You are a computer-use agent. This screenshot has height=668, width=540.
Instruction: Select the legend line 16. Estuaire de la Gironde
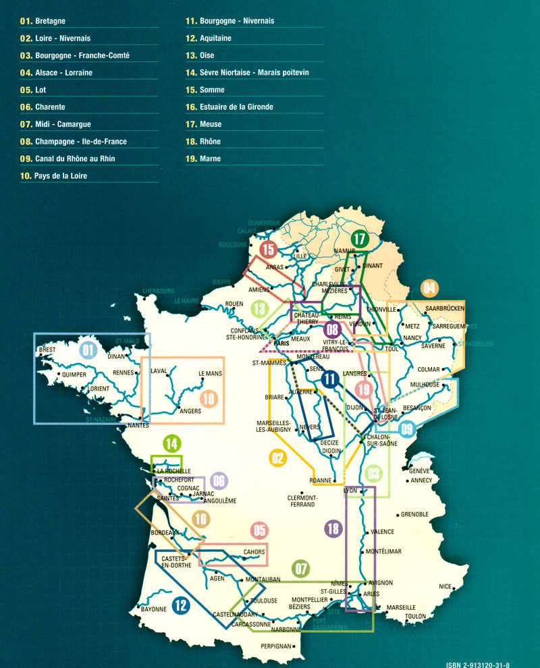[229, 107]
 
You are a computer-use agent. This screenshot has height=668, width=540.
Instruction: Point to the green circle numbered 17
[360, 238]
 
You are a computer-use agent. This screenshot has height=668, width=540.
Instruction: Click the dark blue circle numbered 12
[180, 605]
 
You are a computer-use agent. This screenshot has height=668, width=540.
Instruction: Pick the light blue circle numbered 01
[87, 350]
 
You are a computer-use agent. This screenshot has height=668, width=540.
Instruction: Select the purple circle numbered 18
[332, 528]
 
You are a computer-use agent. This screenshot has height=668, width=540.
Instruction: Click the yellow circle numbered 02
[277, 459]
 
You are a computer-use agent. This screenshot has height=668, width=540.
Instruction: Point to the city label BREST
[48, 351]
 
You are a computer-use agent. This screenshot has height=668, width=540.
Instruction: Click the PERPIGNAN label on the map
[277, 646]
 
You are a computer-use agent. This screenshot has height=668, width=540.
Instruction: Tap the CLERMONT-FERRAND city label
[301, 501]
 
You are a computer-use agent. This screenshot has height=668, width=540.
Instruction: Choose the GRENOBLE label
[414, 514]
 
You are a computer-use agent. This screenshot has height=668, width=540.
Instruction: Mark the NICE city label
[444, 586]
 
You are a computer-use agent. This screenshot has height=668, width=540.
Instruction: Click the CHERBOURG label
[159, 291]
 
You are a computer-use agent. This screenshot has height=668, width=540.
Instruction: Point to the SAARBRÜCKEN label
[446, 308]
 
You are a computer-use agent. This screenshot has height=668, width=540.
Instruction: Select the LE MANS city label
[210, 373]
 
